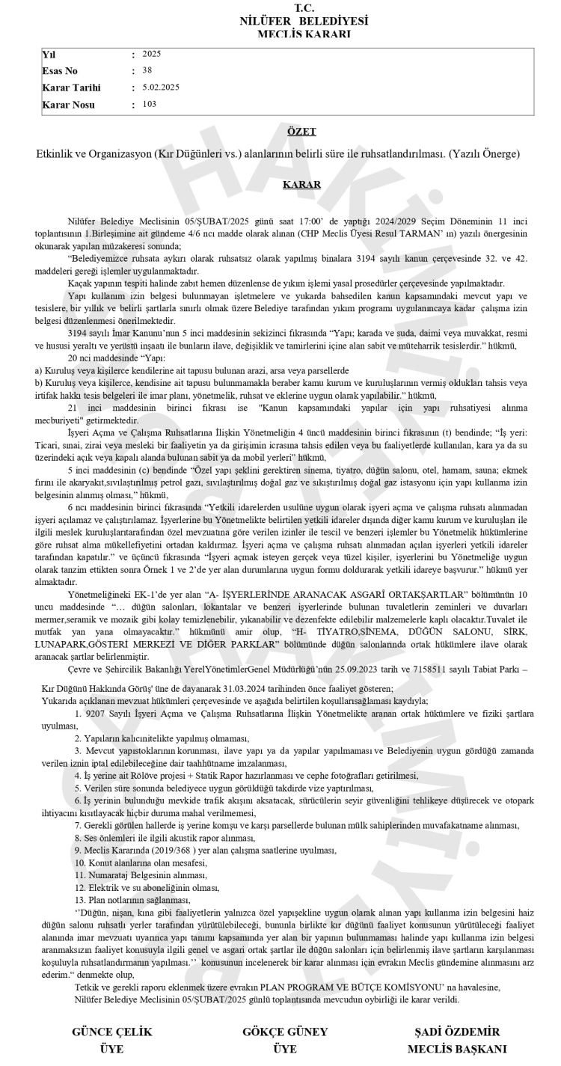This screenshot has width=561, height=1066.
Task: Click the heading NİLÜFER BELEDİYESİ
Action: [x=303, y=21]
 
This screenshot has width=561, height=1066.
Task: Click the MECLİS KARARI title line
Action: [x=303, y=34]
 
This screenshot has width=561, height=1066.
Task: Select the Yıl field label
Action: [x=49, y=55]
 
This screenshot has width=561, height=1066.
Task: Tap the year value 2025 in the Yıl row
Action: [x=151, y=54]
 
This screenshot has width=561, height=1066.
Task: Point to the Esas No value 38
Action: [x=147, y=70]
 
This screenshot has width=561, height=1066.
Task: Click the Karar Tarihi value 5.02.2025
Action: [x=160, y=87]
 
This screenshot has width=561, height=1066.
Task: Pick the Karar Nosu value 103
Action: [x=149, y=104]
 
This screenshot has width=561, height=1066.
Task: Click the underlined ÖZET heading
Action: [x=301, y=132]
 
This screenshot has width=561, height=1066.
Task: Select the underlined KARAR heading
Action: [x=301, y=184]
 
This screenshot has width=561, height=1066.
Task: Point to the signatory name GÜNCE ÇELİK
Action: [x=112, y=1032]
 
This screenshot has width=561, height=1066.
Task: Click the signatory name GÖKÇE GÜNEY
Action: [x=285, y=1032]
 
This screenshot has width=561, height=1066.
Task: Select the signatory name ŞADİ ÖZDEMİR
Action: [x=456, y=1032]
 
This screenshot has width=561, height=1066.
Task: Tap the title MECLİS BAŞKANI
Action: [x=457, y=1049]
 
